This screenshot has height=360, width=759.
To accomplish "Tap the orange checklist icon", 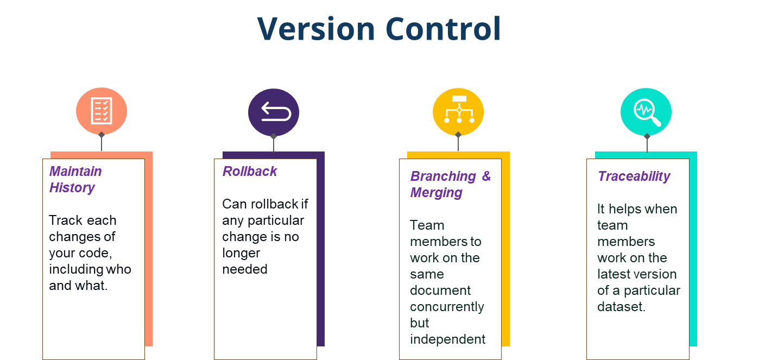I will tap(102, 111).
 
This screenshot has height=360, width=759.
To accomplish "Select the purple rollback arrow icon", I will tap(274, 111).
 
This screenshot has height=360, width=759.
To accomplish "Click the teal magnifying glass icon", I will tap(646, 111).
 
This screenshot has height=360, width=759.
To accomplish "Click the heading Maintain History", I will tap(75, 179).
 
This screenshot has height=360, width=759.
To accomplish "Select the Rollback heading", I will tap(250, 171).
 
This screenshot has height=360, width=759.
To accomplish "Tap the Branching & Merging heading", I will tap(450, 184).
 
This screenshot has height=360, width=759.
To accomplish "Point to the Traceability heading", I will tap(634, 176).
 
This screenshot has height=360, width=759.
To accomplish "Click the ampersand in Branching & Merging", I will tap(486, 176).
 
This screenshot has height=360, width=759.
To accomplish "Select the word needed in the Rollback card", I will tap(245, 269).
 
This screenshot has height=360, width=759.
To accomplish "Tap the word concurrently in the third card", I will tap(447, 306).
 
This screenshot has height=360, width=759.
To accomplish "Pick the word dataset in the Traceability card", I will tap(620, 306).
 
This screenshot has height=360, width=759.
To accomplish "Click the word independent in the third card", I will tap(447, 339).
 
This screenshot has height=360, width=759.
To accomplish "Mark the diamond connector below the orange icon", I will tap(102, 134).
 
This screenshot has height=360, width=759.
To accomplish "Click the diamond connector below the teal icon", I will tap(647, 136).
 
